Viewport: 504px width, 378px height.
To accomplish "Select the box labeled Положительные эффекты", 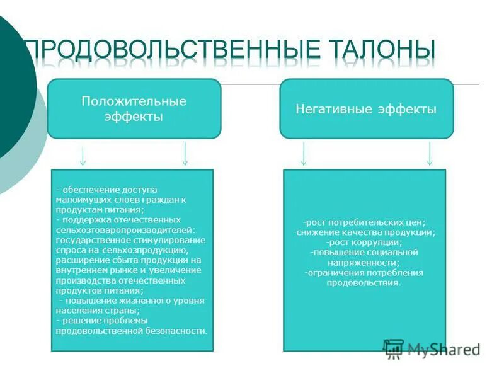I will click(x=134, y=108).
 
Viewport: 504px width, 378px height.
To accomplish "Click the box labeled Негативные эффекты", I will click(x=366, y=108).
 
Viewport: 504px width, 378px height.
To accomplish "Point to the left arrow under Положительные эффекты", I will click(x=83, y=154).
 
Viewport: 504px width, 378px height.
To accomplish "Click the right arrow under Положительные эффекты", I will click(x=185, y=154).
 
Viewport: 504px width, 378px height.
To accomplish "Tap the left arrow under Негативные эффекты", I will click(x=304, y=154).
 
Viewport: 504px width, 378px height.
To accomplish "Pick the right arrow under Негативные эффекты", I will click(x=430, y=154).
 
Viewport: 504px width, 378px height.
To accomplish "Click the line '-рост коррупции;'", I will click(x=364, y=243).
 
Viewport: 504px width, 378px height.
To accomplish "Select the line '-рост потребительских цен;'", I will click(x=364, y=222).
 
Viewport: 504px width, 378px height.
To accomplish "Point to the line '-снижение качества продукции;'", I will click(x=364, y=232).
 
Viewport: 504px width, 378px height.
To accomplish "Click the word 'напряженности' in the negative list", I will click(x=364, y=263).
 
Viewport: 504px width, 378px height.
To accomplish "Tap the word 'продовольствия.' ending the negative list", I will click(x=364, y=283).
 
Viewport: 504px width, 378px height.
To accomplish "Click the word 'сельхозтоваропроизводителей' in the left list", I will click(x=125, y=230).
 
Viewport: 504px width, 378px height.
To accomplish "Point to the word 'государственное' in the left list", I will click(x=91, y=240).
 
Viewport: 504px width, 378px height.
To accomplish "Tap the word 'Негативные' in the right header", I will click(x=329, y=109).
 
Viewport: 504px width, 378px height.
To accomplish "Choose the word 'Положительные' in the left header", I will click(x=134, y=101).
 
